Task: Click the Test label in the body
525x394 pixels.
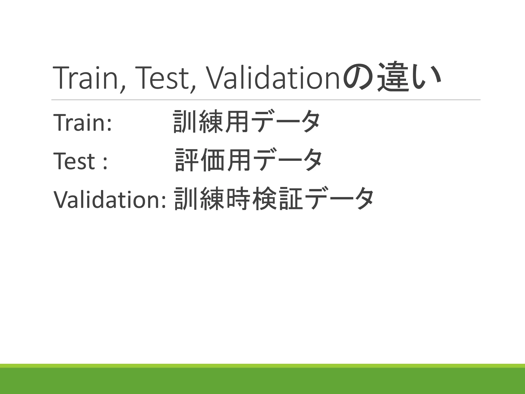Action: (74, 161)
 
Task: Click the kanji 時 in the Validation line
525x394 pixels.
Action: (238, 199)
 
